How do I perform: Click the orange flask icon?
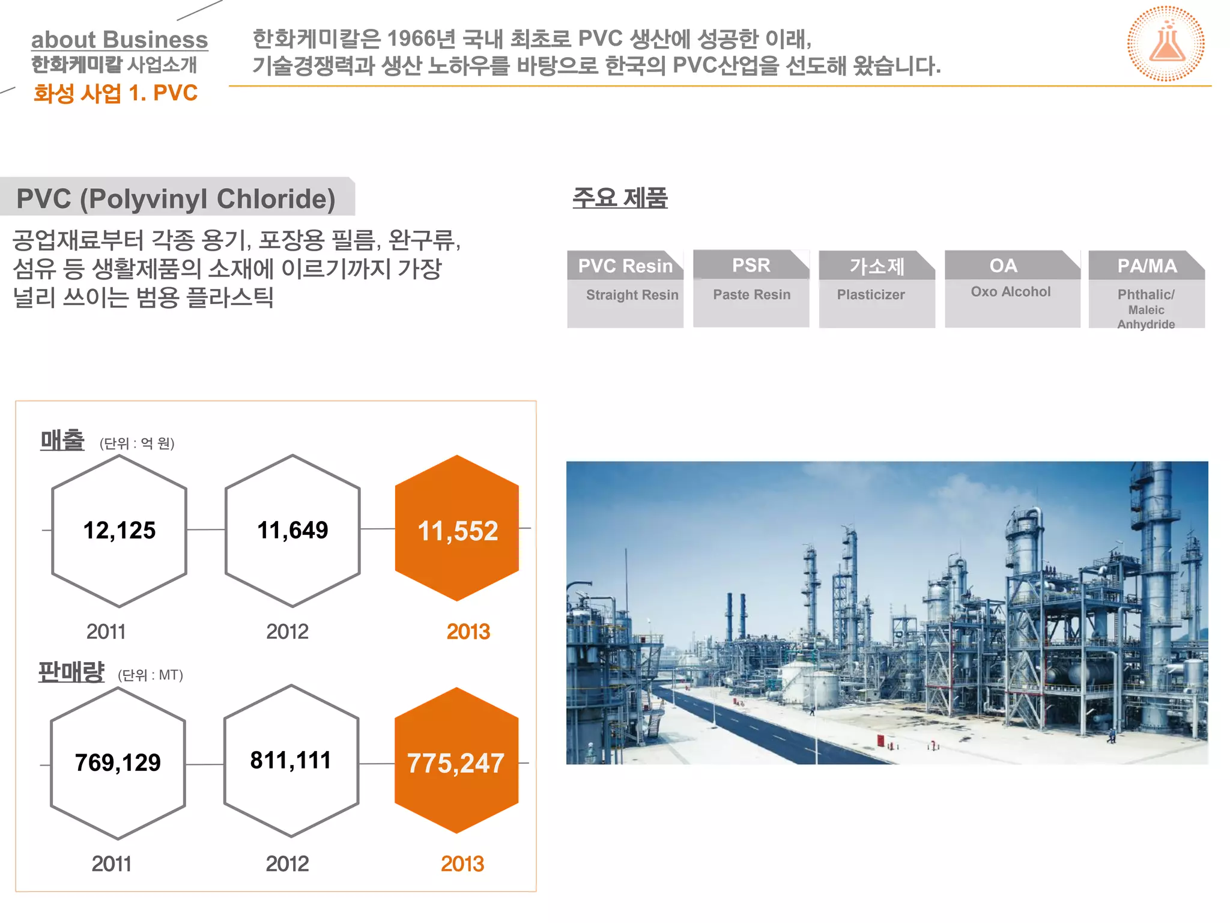(x=1166, y=44)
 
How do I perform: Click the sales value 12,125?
(x=120, y=531)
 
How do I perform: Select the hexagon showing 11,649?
(x=292, y=531)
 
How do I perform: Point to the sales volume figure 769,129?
(x=118, y=763)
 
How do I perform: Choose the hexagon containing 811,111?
(x=291, y=761)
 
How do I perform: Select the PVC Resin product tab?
(x=625, y=266)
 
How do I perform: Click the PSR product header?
(x=751, y=265)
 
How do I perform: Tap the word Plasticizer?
(x=871, y=294)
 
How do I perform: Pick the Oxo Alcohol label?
(x=1011, y=291)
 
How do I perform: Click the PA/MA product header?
(x=1147, y=266)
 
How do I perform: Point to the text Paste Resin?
(x=751, y=294)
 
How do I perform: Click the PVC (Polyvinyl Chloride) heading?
(x=176, y=199)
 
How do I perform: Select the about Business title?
(x=120, y=40)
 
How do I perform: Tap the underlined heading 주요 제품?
(x=620, y=198)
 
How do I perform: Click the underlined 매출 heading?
(x=62, y=440)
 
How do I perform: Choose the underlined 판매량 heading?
(x=71, y=672)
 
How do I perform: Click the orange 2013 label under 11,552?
(x=468, y=632)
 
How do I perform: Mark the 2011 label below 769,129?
(x=111, y=864)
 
